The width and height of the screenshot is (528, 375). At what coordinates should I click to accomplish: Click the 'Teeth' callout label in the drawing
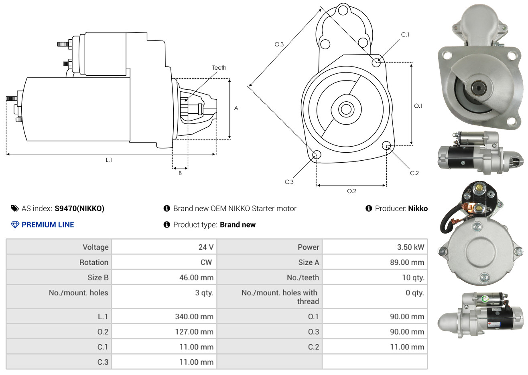pos(219,68)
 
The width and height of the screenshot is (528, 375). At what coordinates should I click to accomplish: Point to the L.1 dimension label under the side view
pos(109,160)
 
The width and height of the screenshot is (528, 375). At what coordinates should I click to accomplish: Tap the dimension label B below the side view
pos(180,173)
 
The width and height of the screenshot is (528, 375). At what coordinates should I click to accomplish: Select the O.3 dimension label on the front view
pos(279,44)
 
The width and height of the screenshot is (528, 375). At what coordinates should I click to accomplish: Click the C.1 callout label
pos(405,34)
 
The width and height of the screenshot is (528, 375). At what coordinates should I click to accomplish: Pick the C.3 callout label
pos(289,182)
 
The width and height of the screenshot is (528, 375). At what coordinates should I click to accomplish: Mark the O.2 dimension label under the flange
pos(351,191)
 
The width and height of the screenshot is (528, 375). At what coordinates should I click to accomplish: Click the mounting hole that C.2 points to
pos(386,145)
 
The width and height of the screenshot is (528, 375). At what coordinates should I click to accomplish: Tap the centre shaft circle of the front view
pos(346,109)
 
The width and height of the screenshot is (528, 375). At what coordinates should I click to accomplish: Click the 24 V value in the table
pos(206,247)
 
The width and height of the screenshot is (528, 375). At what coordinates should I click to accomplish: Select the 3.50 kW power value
pos(410,247)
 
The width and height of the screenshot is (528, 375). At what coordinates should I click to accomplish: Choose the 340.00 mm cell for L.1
pos(194,317)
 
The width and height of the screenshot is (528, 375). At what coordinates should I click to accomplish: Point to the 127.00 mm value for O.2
pos(194,332)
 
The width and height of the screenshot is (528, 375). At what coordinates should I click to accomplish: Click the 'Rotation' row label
pos(94,262)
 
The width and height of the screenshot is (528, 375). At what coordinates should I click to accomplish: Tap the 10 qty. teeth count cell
pos(413,278)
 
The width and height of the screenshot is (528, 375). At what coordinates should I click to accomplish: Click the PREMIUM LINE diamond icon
pos(15,225)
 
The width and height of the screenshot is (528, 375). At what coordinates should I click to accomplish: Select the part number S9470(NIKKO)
pos(79,209)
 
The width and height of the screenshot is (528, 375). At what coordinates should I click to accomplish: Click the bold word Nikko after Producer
pos(418,209)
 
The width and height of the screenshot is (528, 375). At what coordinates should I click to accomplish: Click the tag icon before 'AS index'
pos(14,209)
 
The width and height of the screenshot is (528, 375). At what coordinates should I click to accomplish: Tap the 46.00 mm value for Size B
pos(196,278)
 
